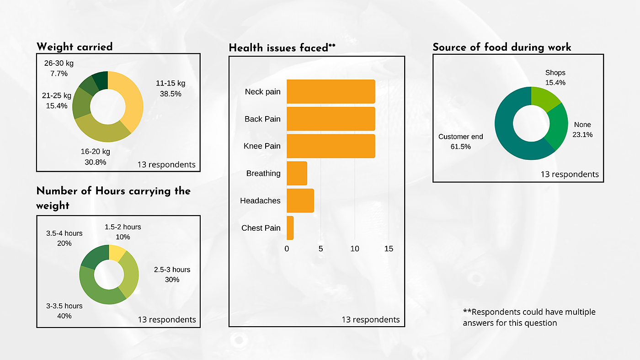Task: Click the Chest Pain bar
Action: pyautogui.click(x=290, y=228)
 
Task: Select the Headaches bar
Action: pyautogui.click(x=300, y=201)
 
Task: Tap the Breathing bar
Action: pyautogui.click(x=297, y=173)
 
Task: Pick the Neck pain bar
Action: pyautogui.click(x=331, y=91)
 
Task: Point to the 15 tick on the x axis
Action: pyautogui.click(x=389, y=249)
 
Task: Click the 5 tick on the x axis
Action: pyautogui.click(x=321, y=249)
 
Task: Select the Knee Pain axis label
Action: pyautogui.click(x=262, y=146)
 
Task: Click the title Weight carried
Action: pyautogui.click(x=75, y=47)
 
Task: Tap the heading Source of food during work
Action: pyautogui.click(x=502, y=47)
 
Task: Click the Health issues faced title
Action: pyautogui.click(x=282, y=48)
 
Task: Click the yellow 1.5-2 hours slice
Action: pyautogui.click(x=117, y=253)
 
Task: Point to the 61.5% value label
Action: pyautogui.click(x=460, y=147)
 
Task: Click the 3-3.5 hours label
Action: pyautogui.click(x=64, y=306)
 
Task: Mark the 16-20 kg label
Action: pyautogui.click(x=95, y=152)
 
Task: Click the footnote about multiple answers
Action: pyautogui.click(x=529, y=318)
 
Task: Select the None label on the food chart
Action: pyautogui.click(x=582, y=125)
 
